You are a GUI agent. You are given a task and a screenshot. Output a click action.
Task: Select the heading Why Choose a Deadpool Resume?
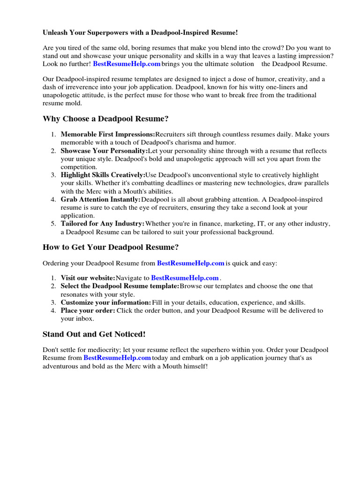point(105,119)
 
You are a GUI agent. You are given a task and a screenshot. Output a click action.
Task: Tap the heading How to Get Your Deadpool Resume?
point(111,247)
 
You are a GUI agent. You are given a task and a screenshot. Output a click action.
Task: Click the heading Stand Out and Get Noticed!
point(94,334)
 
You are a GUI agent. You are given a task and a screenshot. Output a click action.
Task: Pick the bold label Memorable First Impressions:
point(108,135)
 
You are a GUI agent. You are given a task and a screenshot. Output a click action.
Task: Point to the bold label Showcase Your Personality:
point(104,151)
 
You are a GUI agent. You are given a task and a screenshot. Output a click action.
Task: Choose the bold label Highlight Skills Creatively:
point(103,175)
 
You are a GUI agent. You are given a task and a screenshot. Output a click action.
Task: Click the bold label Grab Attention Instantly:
point(100,200)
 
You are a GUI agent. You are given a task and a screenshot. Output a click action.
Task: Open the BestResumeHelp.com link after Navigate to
point(185,278)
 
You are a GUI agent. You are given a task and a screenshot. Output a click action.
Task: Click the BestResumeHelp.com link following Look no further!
point(127,64)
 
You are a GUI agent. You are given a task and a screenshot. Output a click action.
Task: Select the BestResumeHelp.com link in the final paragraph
point(117,358)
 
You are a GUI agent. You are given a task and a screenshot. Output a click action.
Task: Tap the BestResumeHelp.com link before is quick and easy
point(190,263)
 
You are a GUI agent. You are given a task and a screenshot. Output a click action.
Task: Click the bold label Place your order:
point(88,310)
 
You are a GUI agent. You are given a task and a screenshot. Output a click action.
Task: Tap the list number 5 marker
point(53,224)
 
